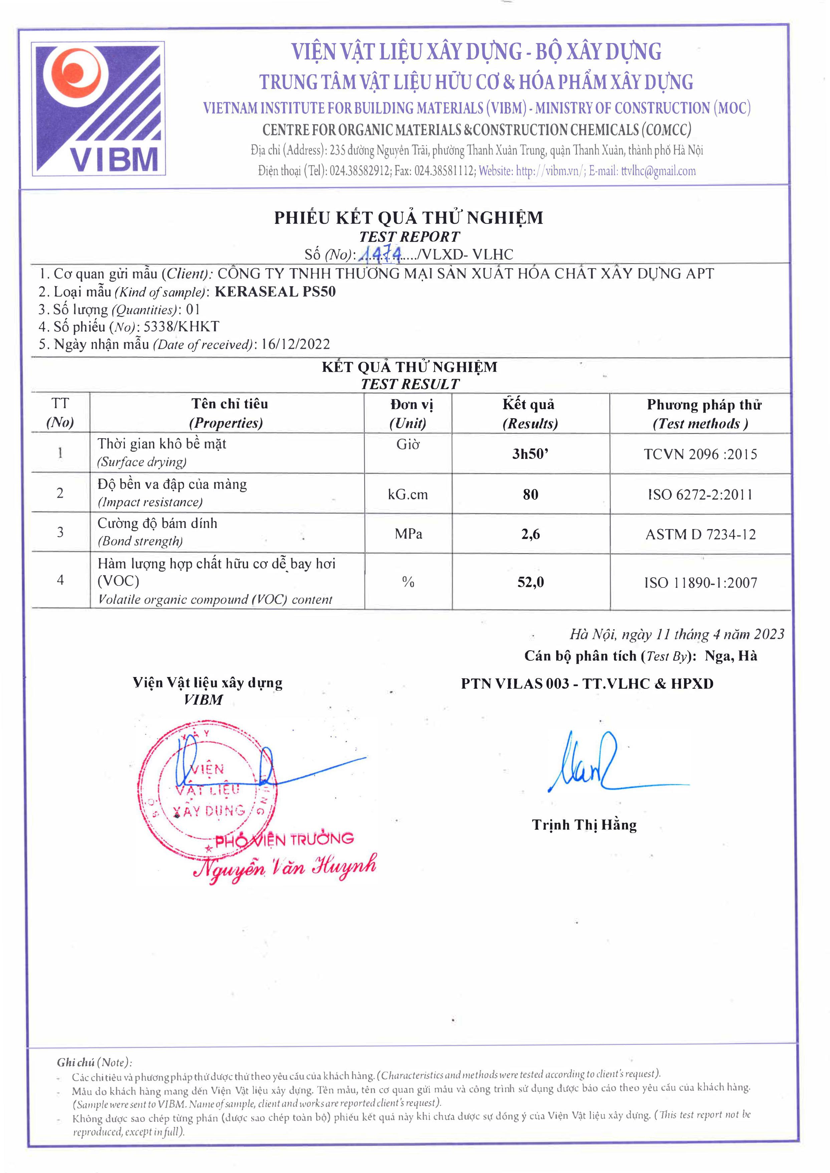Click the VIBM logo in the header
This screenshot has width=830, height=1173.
(98, 109)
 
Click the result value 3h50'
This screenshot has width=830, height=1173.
(530, 454)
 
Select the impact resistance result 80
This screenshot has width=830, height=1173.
(530, 494)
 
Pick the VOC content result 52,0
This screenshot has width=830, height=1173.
(530, 582)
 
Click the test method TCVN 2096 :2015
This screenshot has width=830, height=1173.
(700, 454)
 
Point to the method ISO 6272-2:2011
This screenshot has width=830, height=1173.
(700, 494)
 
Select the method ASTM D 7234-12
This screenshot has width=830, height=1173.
(700, 535)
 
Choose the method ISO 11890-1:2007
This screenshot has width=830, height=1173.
(700, 582)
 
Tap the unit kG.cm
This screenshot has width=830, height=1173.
(408, 494)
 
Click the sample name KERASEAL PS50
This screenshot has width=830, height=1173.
(275, 292)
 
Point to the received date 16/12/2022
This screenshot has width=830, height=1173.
(295, 344)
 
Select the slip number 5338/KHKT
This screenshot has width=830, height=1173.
(181, 327)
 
